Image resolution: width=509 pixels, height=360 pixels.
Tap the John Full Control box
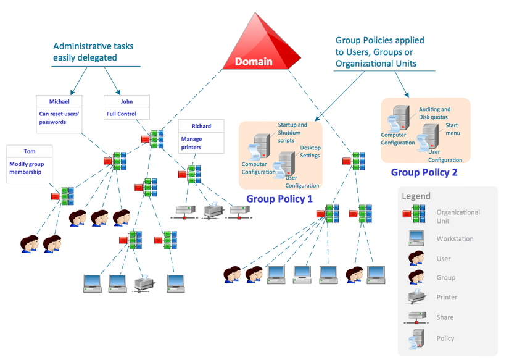click(x=126, y=107)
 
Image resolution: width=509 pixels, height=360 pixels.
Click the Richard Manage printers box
click(x=201, y=136)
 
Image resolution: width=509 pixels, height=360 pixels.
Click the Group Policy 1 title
click(x=279, y=199)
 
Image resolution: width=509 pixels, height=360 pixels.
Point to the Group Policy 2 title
click(x=424, y=172)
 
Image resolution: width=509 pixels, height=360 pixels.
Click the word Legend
click(x=416, y=196)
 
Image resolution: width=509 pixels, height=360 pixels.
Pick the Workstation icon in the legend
click(x=416, y=238)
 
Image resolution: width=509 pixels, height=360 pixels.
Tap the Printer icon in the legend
click(x=416, y=297)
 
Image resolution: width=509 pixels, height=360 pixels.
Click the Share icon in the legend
click(x=416, y=317)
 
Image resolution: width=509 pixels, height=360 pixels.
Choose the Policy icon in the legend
click(x=416, y=337)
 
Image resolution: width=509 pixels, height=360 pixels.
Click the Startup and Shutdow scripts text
click(x=292, y=132)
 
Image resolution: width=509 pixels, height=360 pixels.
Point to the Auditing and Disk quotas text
click(x=434, y=113)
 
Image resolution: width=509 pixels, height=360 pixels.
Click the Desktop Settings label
click(x=310, y=152)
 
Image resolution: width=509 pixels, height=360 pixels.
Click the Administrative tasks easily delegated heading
click(x=93, y=52)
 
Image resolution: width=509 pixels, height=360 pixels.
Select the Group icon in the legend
click(x=416, y=277)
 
